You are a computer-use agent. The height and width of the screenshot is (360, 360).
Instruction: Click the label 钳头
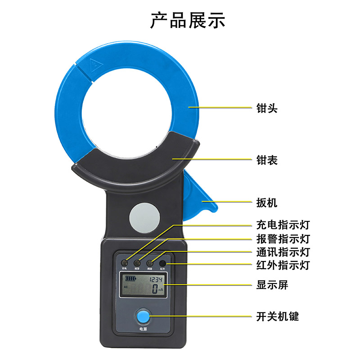[267, 108]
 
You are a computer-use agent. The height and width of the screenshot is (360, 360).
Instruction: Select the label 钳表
[267, 160]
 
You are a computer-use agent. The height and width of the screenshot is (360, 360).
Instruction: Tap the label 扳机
[267, 202]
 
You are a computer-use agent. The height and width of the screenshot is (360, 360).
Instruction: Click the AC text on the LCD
[126, 286]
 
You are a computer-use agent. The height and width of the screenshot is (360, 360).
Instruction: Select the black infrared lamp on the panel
[162, 263]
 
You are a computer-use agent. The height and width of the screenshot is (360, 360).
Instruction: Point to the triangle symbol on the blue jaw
[94, 65]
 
